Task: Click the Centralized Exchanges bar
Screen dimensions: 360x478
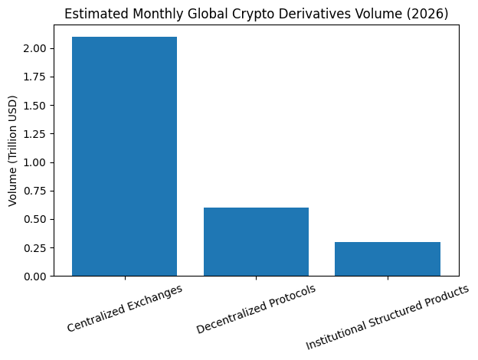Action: [124, 156]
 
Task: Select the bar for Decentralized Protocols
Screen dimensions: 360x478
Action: [256, 241]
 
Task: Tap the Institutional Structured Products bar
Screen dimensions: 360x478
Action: [388, 259]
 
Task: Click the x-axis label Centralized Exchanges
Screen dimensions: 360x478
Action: [125, 308]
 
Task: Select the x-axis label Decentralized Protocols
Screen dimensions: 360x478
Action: [256, 309]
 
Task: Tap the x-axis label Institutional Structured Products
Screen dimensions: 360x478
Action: [387, 318]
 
